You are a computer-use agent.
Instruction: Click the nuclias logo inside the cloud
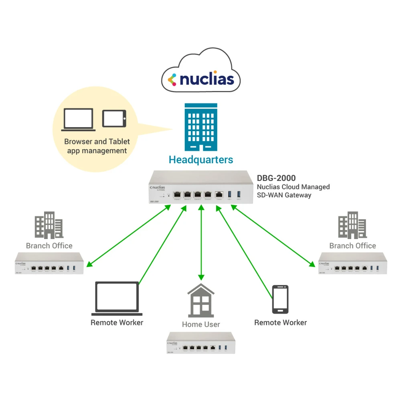(x=201, y=79)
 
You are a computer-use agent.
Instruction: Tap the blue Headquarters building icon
(x=201, y=127)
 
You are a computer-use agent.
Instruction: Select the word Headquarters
(x=201, y=160)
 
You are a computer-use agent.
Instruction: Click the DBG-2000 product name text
(x=276, y=178)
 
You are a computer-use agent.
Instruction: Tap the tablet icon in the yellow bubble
(x=114, y=119)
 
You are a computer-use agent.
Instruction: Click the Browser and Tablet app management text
(x=97, y=146)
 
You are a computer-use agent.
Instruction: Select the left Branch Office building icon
(x=49, y=225)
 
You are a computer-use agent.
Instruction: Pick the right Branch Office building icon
(x=352, y=225)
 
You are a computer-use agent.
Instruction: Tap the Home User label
(x=201, y=324)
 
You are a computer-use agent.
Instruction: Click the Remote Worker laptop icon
(x=117, y=298)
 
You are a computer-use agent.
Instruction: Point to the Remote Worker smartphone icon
(x=280, y=299)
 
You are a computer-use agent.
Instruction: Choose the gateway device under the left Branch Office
(x=49, y=263)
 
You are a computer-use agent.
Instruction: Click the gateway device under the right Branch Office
(x=352, y=263)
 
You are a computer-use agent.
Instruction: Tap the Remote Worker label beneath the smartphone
(x=280, y=322)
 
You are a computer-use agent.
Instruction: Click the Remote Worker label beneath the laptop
(x=117, y=322)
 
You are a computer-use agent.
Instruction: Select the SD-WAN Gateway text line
(x=284, y=195)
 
